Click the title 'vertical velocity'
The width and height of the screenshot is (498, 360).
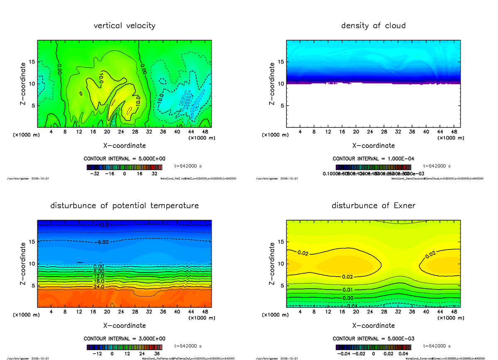[x=124, y=26]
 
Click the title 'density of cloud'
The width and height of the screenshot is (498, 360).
[x=373, y=26]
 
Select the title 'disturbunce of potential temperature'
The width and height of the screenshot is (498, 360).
[x=124, y=206]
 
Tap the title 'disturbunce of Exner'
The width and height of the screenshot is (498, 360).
[x=373, y=206]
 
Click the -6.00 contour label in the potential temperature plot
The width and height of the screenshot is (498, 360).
[x=101, y=242]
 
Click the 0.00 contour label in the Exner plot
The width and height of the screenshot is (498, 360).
[x=348, y=298]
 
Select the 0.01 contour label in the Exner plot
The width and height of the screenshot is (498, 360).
[x=348, y=289]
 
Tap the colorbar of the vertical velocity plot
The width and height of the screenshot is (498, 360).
[x=124, y=167]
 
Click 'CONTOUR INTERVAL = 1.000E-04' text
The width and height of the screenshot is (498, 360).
[x=373, y=159]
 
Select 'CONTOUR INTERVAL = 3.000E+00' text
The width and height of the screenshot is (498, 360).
[x=124, y=339]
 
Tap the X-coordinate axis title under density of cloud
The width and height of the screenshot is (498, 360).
[x=373, y=146]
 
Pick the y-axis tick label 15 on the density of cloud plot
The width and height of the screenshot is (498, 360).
[x=280, y=62]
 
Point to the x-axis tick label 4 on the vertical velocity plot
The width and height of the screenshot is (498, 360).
[x=51, y=132]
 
